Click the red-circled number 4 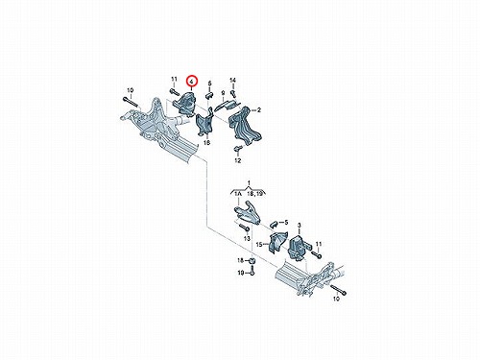[192, 82]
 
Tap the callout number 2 [259, 110]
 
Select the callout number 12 [237, 160]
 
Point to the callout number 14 [232, 80]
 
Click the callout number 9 [223, 93]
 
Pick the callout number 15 [259, 245]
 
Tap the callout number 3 [300, 226]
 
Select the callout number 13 [247, 238]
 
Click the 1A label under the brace [238, 194]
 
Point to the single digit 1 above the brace [249, 182]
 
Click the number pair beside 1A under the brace [255, 194]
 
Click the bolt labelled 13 [245, 228]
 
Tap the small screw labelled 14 [233, 93]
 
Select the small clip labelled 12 [238, 148]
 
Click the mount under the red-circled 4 [185, 103]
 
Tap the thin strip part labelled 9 [227, 106]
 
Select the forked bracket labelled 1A [248, 212]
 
